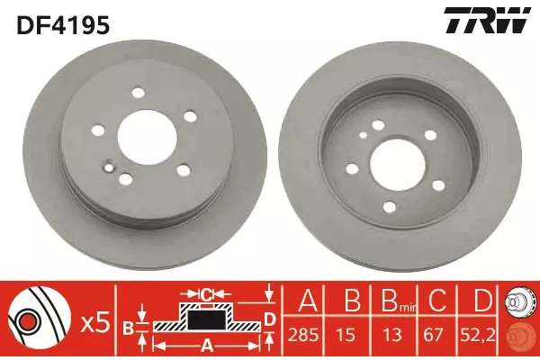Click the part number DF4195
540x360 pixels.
pyautogui.click(x=63, y=25)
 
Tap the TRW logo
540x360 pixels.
pyautogui.click(x=486, y=21)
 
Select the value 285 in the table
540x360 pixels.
pyautogui.click(x=303, y=334)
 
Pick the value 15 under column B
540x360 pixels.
pyautogui.click(x=347, y=334)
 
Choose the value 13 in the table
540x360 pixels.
pyautogui.click(x=392, y=334)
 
